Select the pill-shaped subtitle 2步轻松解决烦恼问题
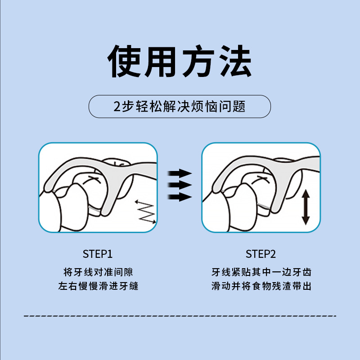tap(180, 107)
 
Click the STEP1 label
tap(98, 254)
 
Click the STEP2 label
tap(261, 254)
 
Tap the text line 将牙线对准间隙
tap(98, 272)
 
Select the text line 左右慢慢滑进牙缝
tap(98, 286)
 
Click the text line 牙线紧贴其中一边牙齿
tap(261, 272)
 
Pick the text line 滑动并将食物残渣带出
tap(261, 286)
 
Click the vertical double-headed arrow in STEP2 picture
tap(305, 207)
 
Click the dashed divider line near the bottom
tap(180, 316)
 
